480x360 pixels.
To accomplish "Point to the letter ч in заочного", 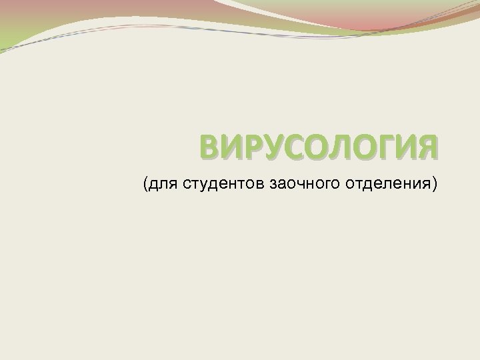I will click(x=301, y=183).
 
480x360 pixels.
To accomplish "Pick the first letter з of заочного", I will click(x=274, y=183).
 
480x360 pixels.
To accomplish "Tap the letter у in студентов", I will click(x=197, y=184).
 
